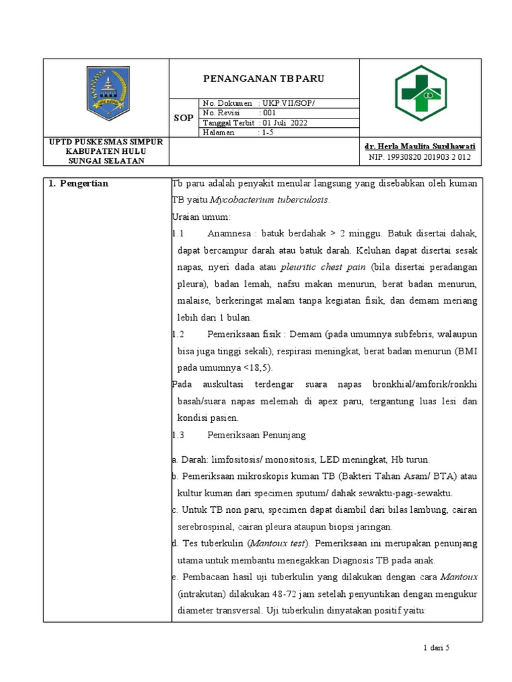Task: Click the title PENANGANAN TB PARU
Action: click(263, 79)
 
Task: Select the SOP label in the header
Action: click(184, 117)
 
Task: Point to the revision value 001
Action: click(273, 113)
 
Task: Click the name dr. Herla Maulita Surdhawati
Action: click(421, 146)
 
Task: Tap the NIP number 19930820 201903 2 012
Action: click(419, 157)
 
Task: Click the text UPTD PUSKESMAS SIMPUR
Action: click(107, 142)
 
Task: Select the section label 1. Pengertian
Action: click(78, 184)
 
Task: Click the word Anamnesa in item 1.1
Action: click(230, 234)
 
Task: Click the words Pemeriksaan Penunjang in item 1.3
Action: click(257, 435)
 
